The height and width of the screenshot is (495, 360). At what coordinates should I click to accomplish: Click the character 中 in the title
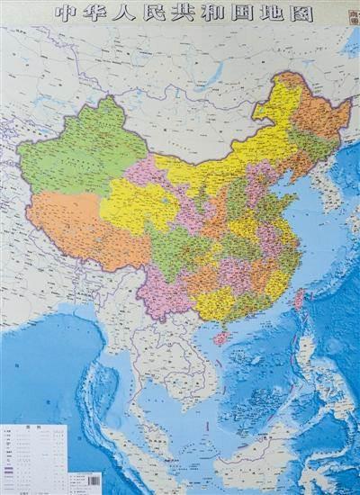point(62,13)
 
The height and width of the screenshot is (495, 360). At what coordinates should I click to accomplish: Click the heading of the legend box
point(35,428)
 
